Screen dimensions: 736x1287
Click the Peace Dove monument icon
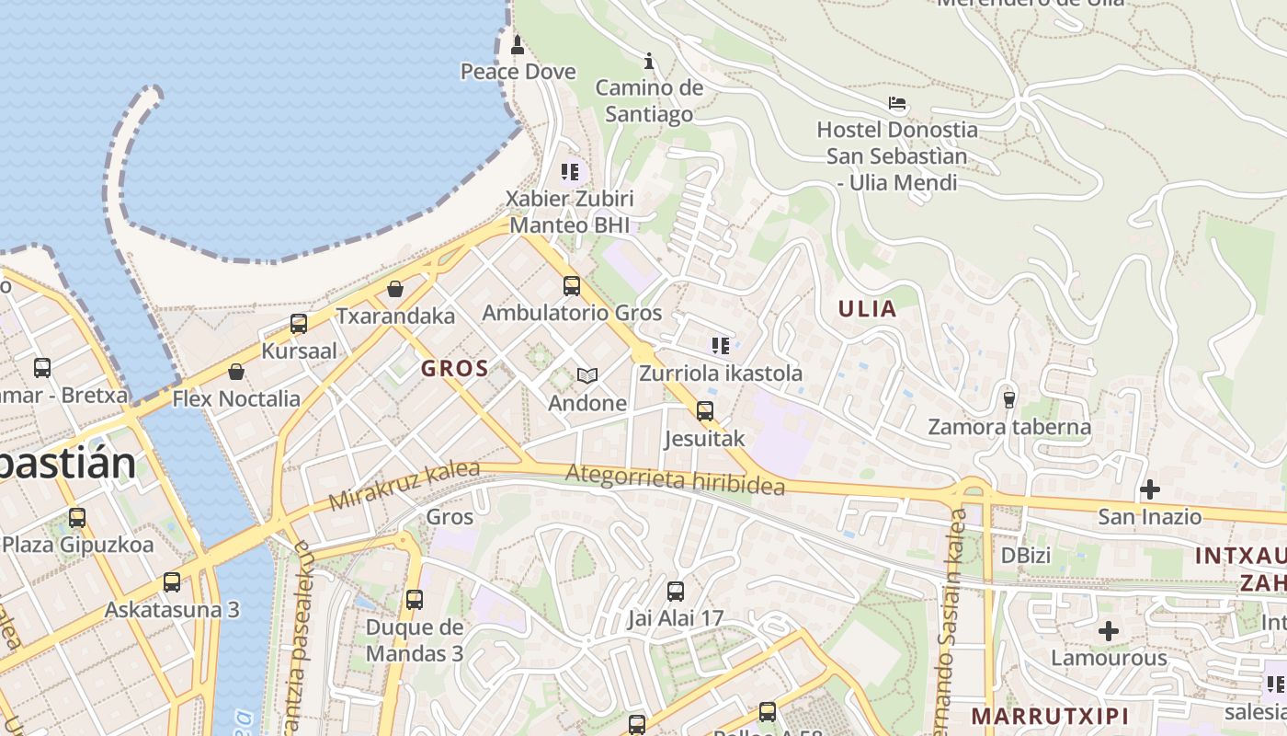(517, 44)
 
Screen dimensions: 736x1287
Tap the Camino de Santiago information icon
(649, 62)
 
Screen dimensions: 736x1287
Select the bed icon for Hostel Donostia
(897, 103)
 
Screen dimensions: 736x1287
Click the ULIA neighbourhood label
(867, 309)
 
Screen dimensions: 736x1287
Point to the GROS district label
(454, 369)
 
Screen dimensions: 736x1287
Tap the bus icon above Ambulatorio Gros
(572, 286)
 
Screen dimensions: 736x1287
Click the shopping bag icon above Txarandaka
(395, 289)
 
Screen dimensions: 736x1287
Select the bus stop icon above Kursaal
(299, 324)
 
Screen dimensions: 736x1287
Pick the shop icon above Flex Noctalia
(236, 372)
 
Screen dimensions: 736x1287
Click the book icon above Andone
(587, 375)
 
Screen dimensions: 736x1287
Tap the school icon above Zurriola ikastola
(721, 346)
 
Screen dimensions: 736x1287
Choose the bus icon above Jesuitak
(705, 411)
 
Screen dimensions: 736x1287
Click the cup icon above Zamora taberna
(1009, 399)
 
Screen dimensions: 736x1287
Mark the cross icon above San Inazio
(1150, 489)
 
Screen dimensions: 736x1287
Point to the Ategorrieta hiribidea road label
(675, 478)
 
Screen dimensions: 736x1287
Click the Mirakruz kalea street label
(404, 486)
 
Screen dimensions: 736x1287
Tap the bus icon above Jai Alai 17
(676, 592)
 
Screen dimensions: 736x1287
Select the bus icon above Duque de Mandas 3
(415, 600)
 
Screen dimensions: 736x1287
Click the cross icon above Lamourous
(1109, 631)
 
